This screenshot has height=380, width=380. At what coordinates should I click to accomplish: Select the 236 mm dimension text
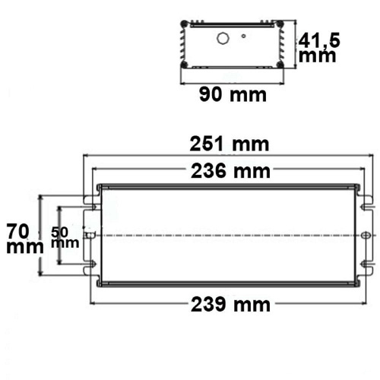coord(226,171)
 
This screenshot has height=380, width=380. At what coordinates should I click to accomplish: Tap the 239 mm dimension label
coord(226,304)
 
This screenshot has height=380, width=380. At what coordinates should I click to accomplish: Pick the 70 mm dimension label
coord(18,236)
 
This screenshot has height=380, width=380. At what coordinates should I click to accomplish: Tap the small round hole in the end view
coord(244,36)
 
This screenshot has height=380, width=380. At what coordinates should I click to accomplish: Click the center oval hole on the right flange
coord(369,236)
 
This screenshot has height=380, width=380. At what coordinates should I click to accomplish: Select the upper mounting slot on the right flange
coord(366,204)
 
